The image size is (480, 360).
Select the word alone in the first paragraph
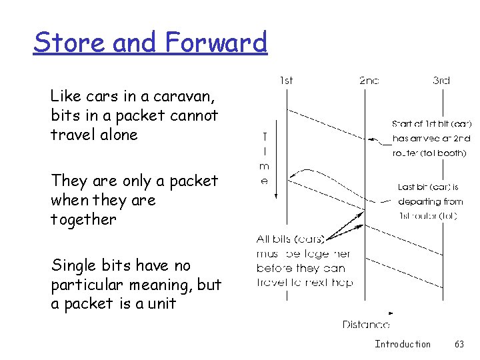[116, 135]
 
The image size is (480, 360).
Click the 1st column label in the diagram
[285, 81]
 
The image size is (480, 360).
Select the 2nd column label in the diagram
[369, 81]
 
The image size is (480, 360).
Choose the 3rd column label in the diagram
[441, 81]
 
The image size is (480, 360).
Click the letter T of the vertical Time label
[264, 137]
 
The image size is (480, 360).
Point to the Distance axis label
[366, 325]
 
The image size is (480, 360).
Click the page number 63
[459, 344]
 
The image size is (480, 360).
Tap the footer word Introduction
[403, 344]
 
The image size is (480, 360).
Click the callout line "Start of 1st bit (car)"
[432, 123]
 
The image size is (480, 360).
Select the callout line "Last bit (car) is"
[428, 187]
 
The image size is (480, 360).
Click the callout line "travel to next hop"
[305, 282]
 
